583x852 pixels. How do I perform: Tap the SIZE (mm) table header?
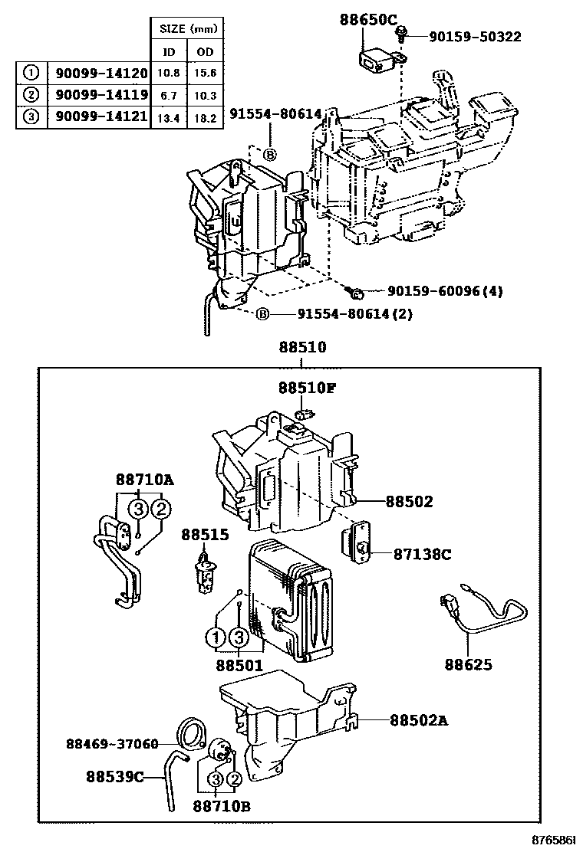pos(188,30)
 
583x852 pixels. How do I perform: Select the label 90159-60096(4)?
pos(445,291)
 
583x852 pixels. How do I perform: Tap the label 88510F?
pos(307,388)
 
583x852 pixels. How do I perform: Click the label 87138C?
pos(422,553)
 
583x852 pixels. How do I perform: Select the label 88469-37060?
pos(112,743)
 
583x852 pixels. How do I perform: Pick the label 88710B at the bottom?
pos(221,806)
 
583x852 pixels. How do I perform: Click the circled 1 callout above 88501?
pos(216,637)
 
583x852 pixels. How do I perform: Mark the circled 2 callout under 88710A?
pos(160,509)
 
